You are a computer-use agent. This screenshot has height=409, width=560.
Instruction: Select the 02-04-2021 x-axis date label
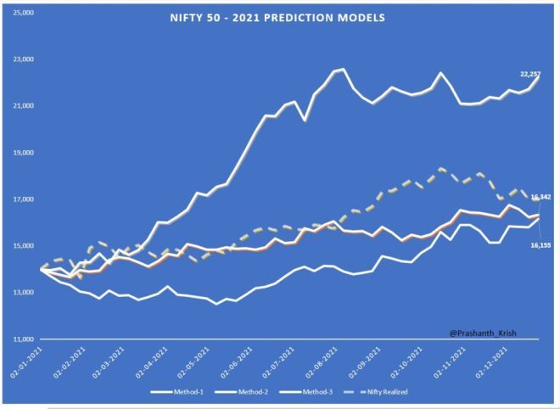160,361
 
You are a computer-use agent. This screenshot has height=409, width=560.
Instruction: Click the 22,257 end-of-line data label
530,76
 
